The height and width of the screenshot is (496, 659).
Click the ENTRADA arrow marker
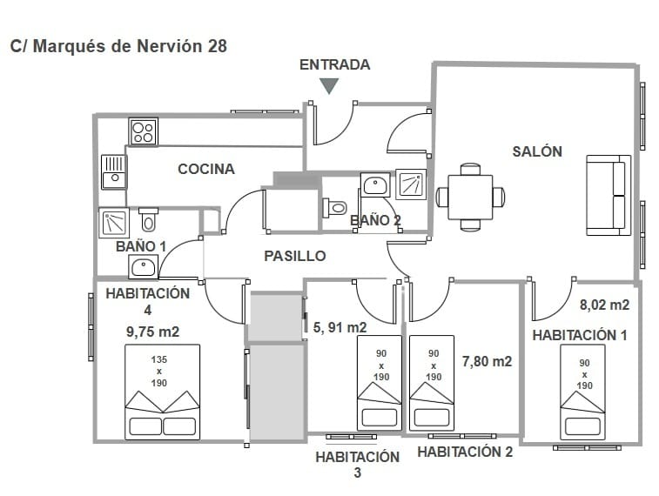(x=329, y=85)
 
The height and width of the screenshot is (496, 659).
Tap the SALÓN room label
(x=536, y=151)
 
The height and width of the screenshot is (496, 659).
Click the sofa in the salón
(x=608, y=196)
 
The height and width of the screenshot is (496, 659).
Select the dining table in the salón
(x=470, y=198)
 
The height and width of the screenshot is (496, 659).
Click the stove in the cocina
(x=143, y=131)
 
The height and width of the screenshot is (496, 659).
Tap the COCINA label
(x=206, y=169)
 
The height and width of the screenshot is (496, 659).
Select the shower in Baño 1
(x=114, y=223)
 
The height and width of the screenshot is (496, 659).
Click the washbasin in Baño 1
(x=143, y=267)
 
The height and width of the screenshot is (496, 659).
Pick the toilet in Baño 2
(x=334, y=208)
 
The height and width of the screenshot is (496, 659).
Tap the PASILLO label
(x=295, y=256)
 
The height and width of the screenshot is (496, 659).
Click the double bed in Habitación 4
(x=162, y=391)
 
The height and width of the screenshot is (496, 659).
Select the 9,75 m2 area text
(x=152, y=331)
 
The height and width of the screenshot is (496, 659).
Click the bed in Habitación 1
(x=582, y=391)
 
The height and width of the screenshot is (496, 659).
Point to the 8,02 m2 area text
(x=604, y=305)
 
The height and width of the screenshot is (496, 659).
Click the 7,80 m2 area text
(x=487, y=361)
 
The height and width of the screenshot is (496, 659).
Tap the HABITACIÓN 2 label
(x=465, y=452)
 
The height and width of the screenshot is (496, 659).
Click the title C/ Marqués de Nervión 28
(x=118, y=46)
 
